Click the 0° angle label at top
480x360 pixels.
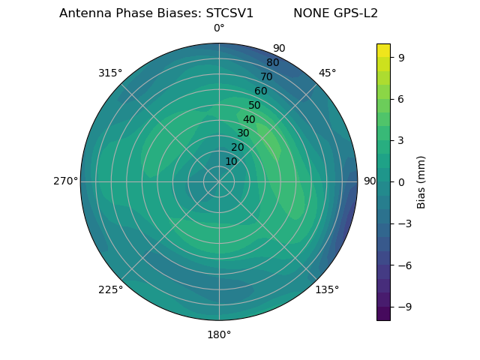[219, 28]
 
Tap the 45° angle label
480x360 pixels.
[327, 73]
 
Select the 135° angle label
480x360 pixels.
[327, 289]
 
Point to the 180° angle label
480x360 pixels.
[219, 334]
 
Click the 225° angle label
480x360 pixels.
[110, 289]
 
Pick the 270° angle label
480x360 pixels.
[65, 181]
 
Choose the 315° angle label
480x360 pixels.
[110, 73]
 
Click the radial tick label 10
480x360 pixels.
[231, 161]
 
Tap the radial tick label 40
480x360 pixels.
[249, 119]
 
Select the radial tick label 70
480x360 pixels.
[266, 77]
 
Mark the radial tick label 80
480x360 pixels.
[272, 63]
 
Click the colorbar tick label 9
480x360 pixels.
[402, 57]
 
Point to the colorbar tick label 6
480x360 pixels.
[402, 98]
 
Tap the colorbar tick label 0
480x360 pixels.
[402, 181]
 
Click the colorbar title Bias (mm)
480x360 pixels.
[421, 181]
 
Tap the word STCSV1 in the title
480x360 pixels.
[229, 13]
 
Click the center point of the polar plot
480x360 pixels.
[219, 181]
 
